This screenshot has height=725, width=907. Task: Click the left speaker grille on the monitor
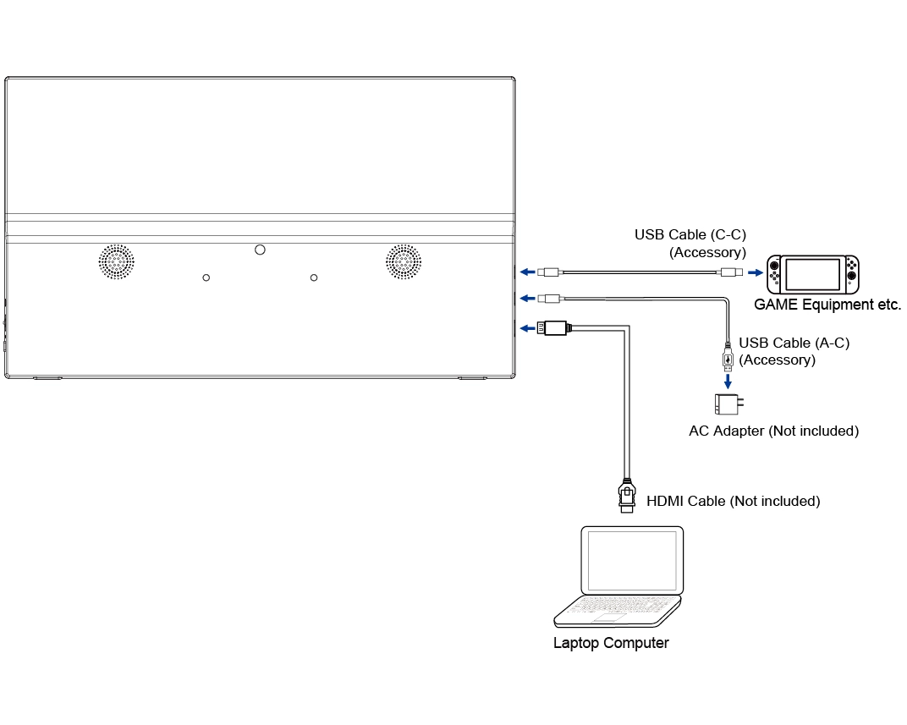117,262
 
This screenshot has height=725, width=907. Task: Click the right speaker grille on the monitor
404,262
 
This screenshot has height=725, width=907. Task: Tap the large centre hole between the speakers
260,250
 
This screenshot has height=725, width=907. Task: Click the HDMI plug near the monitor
556,328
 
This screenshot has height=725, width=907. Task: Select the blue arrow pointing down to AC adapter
727,382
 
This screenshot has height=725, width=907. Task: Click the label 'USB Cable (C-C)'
690,234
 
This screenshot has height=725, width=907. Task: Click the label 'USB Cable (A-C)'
794,343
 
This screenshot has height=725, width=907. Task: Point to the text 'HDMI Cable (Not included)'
733,501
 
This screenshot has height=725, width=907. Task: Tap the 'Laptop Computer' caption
611,643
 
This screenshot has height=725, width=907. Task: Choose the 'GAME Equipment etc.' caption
827,305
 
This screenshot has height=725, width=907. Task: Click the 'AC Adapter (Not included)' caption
773,431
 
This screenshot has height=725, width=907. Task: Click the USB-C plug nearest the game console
729,272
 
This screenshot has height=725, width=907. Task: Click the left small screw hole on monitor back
206,277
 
